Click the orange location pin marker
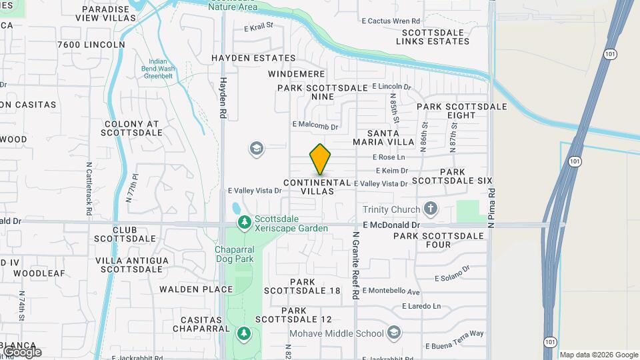pos(321,159)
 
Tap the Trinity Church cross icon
pos(431,209)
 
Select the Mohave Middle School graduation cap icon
pos(394,332)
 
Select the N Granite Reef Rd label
pos(356,265)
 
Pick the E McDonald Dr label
pos(391,225)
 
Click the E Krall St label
pos(259,27)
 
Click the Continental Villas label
pos(317,186)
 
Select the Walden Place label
pos(196,289)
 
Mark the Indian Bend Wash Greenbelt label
pos(159,67)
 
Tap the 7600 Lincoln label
pos(91,45)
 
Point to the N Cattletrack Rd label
pos(89,188)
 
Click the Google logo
pos(21,351)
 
